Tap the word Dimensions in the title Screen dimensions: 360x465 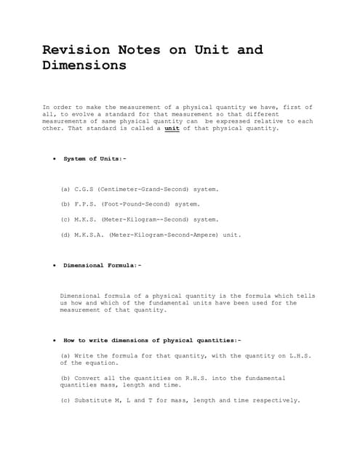[84, 65]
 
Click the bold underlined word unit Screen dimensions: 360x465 [172, 128]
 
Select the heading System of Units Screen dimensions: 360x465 [95, 158]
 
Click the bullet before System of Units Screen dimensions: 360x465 [55, 158]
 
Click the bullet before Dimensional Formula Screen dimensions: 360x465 [55, 265]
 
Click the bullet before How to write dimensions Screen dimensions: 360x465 [55, 340]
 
